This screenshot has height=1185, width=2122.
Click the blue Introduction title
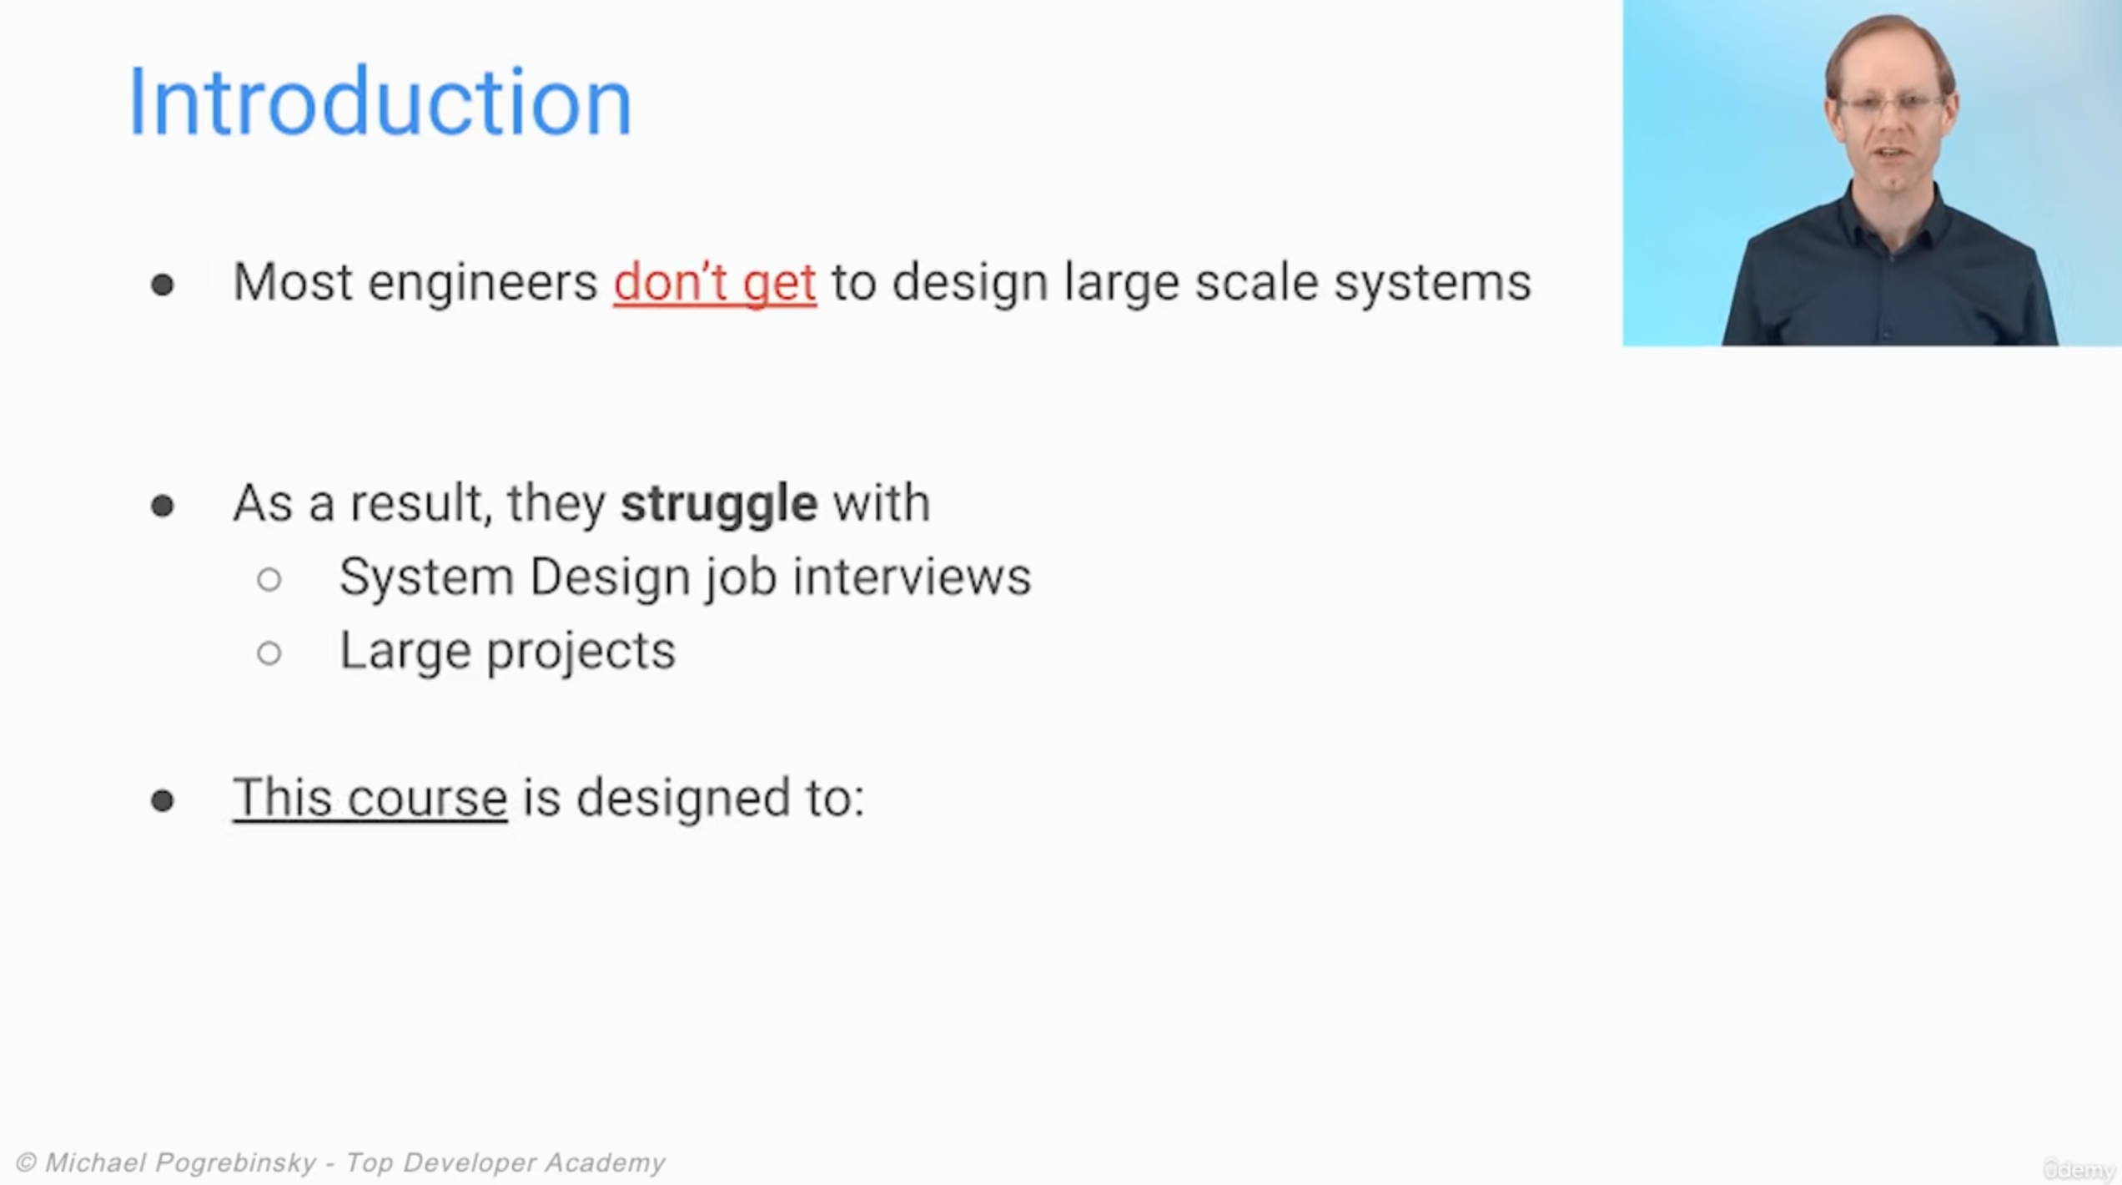[380, 102]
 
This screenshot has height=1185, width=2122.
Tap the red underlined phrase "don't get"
[715, 284]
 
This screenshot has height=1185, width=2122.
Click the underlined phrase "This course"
[370, 799]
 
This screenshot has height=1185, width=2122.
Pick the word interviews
[912, 577]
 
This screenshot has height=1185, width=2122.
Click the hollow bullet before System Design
[269, 579]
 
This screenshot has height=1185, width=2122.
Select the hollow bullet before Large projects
[269, 653]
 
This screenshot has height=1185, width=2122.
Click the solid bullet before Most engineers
[163, 285]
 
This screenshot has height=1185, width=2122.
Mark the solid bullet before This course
[163, 801]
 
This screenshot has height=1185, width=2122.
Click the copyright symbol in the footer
[27, 1162]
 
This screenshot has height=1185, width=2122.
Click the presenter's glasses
[1892, 104]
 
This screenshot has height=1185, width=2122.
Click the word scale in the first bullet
[1257, 284]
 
